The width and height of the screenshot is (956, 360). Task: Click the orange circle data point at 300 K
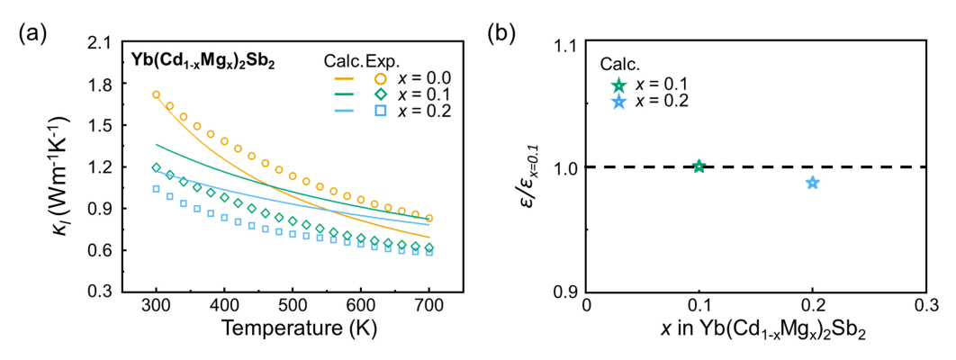point(157,94)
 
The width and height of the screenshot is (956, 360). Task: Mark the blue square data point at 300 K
point(157,189)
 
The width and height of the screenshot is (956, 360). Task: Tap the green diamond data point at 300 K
point(157,167)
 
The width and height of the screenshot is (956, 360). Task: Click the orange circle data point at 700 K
point(429,218)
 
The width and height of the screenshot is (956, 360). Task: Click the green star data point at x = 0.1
point(699,166)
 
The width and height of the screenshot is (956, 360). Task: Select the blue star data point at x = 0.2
point(812,183)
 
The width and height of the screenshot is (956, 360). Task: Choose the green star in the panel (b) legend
point(618,85)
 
